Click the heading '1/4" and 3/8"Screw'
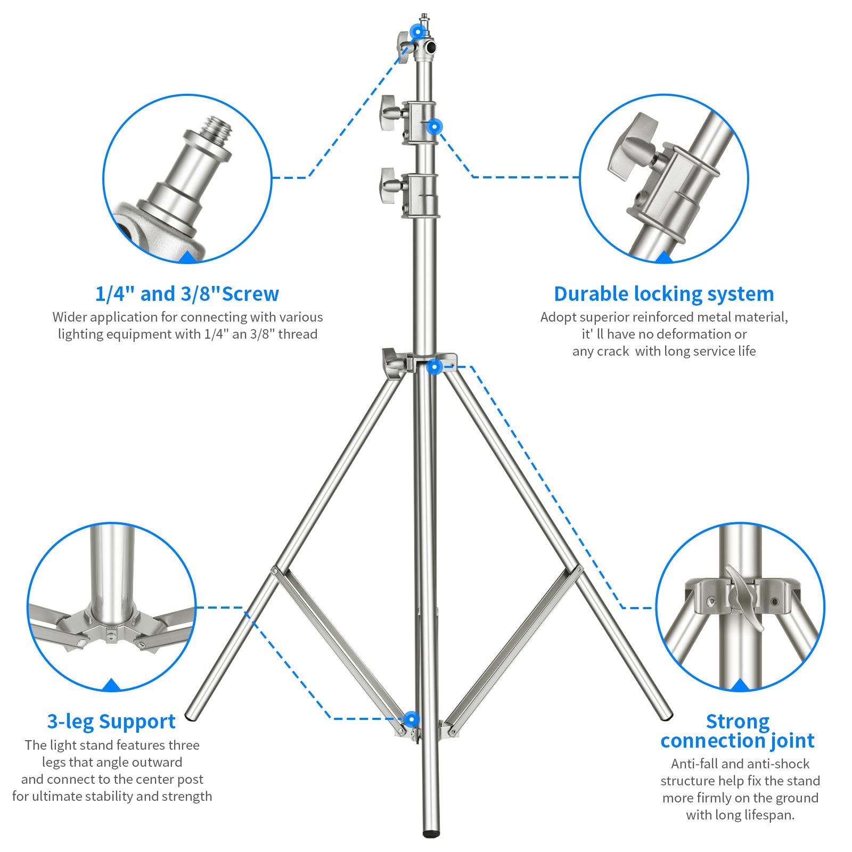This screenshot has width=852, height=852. point(187,294)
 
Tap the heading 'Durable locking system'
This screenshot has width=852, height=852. point(663,294)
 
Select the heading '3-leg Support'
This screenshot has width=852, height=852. point(111,722)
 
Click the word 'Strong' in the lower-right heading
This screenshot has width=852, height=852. point(738,722)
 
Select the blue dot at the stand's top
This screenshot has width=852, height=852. point(418,31)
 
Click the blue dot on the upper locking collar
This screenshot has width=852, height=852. point(435,127)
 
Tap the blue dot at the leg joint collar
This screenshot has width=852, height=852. point(435,366)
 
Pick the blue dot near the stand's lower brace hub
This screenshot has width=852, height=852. point(411,719)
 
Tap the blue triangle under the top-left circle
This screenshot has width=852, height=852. point(187,259)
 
